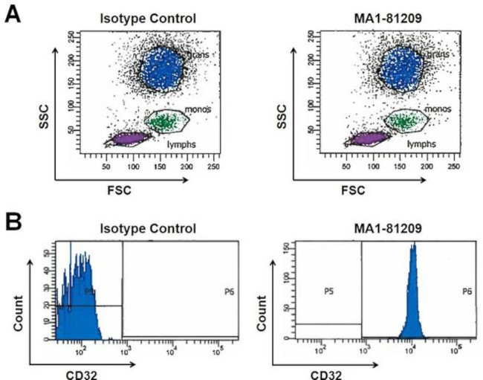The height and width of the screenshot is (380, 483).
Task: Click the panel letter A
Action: click(13, 14)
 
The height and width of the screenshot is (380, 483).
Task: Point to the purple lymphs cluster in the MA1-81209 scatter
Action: click(367, 138)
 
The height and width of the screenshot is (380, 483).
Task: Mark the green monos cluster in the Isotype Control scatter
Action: click(163, 120)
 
